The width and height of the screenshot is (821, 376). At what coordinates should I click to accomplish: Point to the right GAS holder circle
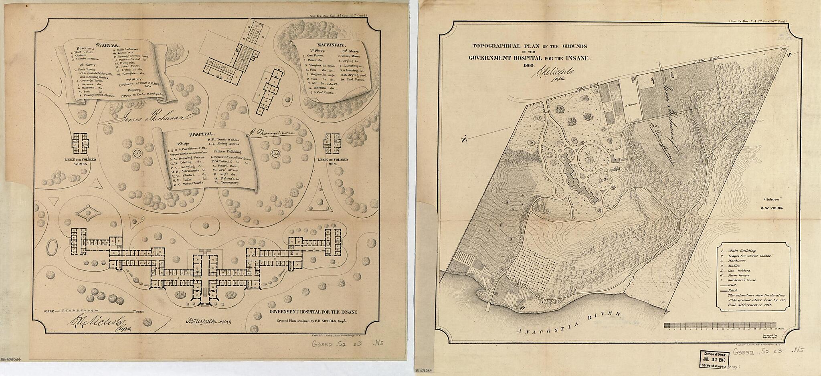pos(275,153)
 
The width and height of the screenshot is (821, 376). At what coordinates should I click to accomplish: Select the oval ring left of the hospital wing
pos(51,248)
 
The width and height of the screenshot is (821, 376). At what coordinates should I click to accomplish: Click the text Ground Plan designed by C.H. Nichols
pos(311,321)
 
